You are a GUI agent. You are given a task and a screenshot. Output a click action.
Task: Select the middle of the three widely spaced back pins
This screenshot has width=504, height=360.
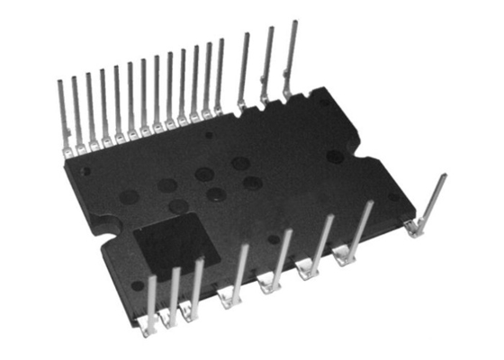266,63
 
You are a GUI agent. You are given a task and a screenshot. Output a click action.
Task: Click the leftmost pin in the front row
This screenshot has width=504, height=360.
150,306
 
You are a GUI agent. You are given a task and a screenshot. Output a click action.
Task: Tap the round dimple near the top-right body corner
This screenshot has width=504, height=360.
334,156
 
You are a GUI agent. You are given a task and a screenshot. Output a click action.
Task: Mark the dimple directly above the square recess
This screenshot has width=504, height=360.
179,206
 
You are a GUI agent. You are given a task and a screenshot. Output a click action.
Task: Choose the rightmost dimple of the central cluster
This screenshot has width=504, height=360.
251,183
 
